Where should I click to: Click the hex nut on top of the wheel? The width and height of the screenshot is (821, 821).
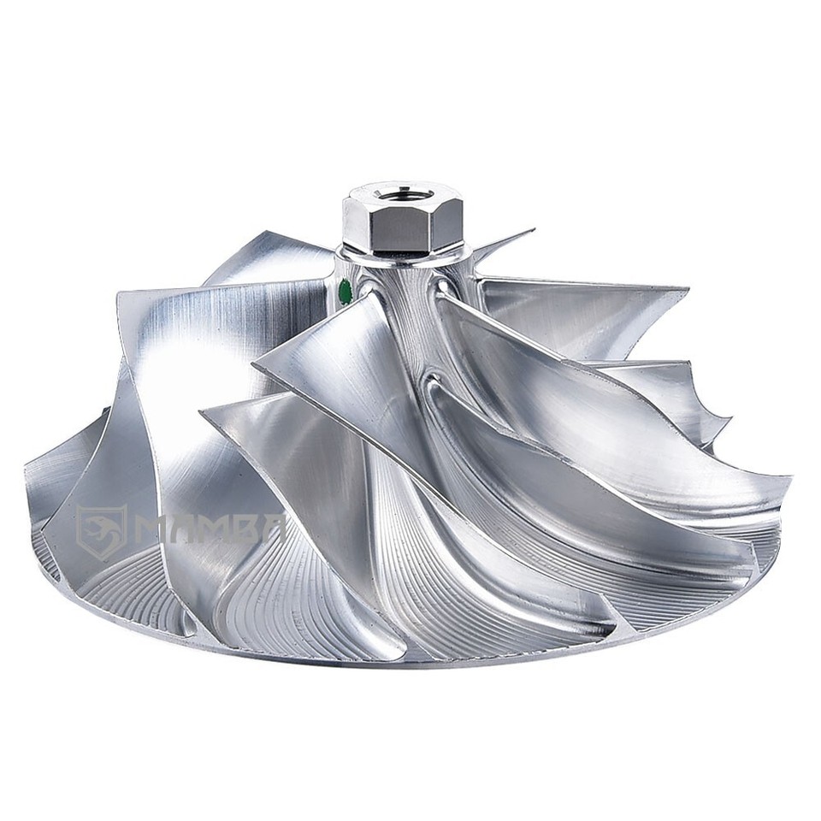click(x=402, y=221)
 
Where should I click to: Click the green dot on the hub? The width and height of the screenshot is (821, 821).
click(x=346, y=291)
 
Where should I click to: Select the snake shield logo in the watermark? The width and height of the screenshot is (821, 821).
click(x=101, y=531)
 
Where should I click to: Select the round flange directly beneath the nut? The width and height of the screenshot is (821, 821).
click(x=402, y=255)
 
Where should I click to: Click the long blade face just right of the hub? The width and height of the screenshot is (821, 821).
click(x=547, y=376)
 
